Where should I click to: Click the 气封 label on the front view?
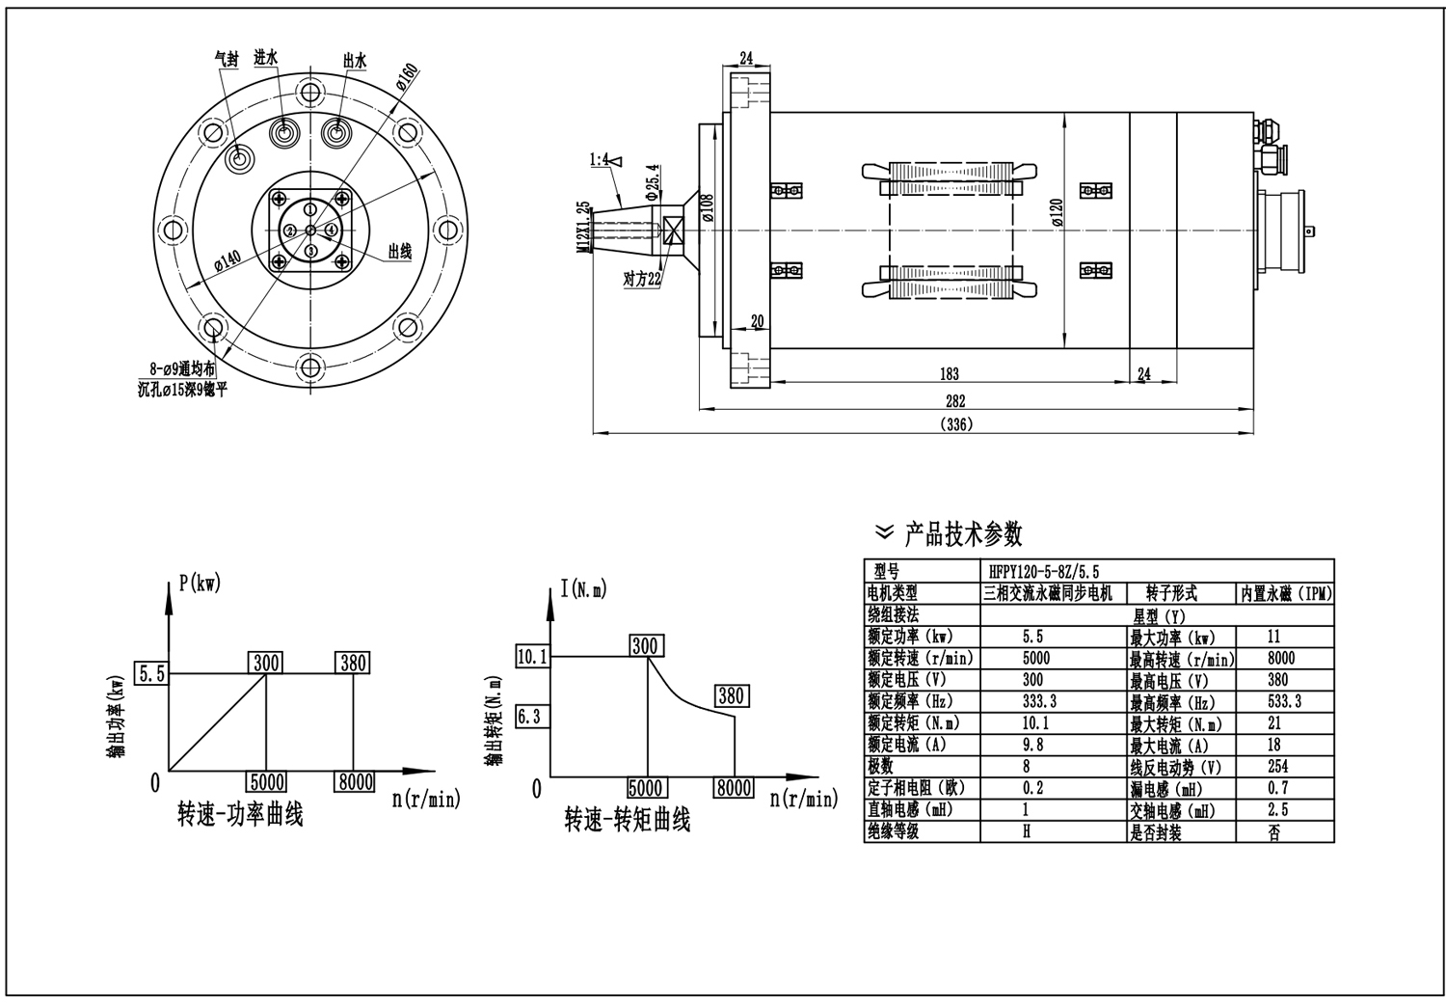pyautogui.click(x=226, y=59)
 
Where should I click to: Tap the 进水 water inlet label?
pyautogui.click(x=266, y=58)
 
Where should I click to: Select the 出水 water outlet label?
pyautogui.click(x=355, y=60)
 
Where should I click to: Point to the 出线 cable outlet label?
pyautogui.click(x=400, y=252)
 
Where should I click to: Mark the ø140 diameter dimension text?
pyautogui.click(x=227, y=262)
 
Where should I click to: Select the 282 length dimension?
pyautogui.click(x=954, y=400)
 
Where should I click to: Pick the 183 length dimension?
pyautogui.click(x=949, y=374)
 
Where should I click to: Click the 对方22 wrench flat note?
pyautogui.click(x=642, y=280)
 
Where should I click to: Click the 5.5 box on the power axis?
pyautogui.click(x=152, y=673)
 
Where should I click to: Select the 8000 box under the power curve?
pyautogui.click(x=355, y=781)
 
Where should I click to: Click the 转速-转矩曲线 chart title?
pyautogui.click(x=628, y=821)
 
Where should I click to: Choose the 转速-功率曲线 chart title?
pyautogui.click(x=240, y=815)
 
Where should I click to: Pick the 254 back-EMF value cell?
pyautogui.click(x=1277, y=767)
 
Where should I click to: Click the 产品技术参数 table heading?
pyautogui.click(x=962, y=532)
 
